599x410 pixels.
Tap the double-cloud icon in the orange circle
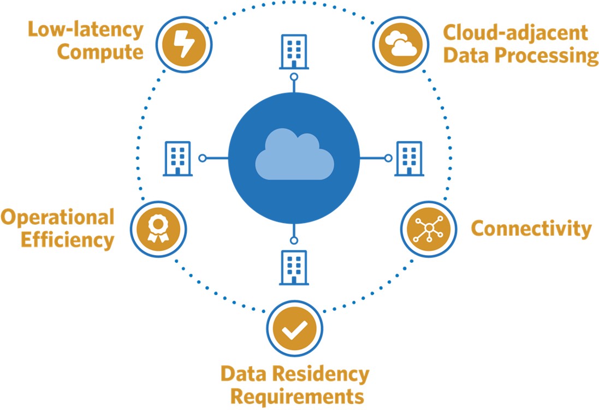tap(400, 43)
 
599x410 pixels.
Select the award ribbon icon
tap(158, 227)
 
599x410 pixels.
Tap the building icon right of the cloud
tap(409, 158)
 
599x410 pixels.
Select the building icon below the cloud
tap(294, 267)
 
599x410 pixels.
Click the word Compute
tap(100, 52)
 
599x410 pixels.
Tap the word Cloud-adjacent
tap(515, 33)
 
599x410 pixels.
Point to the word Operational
tap(57, 217)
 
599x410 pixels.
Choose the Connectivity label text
tap(531, 228)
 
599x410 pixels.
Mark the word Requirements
tap(294, 396)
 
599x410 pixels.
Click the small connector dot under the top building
tap(294, 77)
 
